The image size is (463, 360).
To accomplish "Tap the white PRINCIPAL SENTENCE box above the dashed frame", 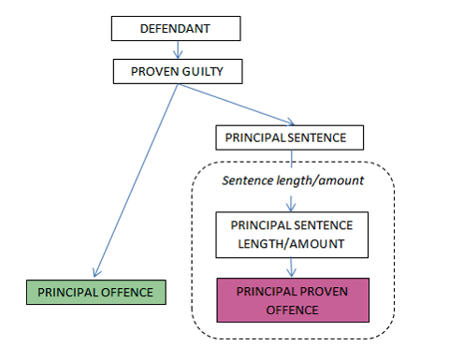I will (x=289, y=137).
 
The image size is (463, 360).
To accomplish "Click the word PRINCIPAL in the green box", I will (x=65, y=292).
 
